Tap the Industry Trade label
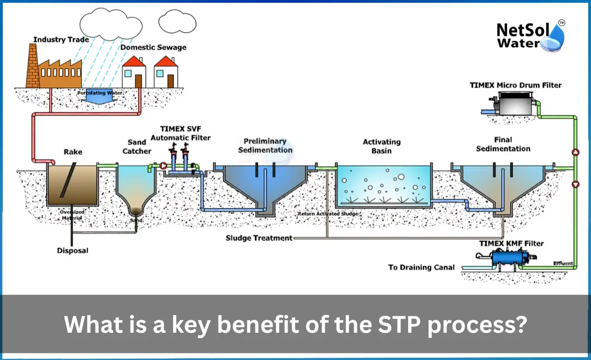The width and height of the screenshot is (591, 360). point(61,40)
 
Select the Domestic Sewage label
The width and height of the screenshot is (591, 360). point(153,47)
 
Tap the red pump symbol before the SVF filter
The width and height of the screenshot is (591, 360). point(163,165)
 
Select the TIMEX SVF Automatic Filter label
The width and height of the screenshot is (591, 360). point(181,132)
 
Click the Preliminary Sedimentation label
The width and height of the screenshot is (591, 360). point(265,145)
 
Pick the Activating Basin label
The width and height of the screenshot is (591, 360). point(381,146)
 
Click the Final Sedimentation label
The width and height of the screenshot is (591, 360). point(503,144)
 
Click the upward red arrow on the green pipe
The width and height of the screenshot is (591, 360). point(575,152)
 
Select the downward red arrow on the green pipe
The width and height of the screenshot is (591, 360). point(575,185)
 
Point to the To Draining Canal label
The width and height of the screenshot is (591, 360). point(421,267)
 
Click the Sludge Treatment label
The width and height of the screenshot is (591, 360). point(259,238)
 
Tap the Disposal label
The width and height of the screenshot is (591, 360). point(72,251)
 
